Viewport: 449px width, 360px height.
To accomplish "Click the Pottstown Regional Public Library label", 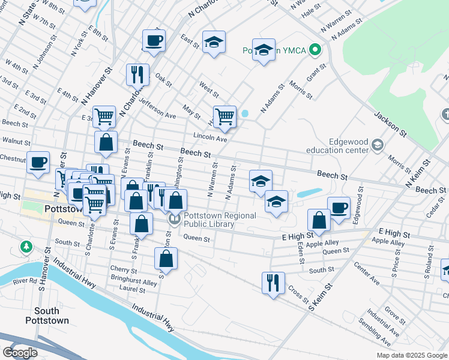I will [x=220, y=220].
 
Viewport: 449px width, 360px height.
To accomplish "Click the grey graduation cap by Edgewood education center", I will [x=377, y=145].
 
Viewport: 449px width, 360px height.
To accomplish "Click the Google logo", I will [x=20, y=352].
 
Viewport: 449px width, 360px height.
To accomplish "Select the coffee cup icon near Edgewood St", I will [x=339, y=207].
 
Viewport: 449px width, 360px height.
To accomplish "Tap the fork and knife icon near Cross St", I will [x=274, y=281].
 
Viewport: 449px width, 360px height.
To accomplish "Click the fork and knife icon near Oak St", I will [x=137, y=74].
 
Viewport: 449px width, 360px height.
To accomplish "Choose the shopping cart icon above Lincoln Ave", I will [x=224, y=116].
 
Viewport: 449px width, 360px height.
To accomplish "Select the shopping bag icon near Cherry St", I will [x=166, y=259].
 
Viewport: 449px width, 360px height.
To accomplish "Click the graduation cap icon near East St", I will [x=214, y=42].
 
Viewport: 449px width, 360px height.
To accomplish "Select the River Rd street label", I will [x=25, y=280].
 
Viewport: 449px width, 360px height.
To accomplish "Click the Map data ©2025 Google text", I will [x=412, y=355].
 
